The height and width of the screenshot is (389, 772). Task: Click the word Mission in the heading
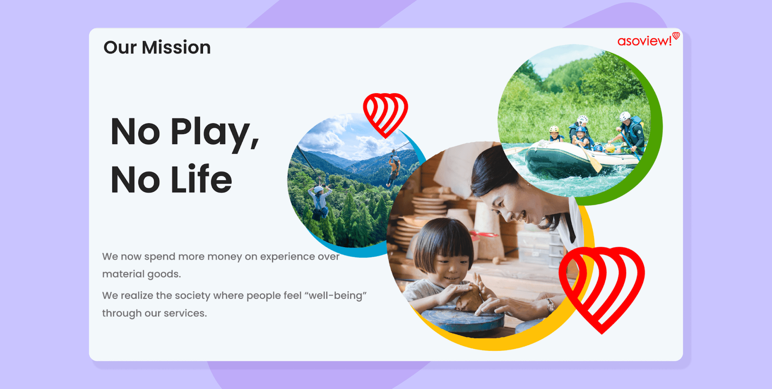pyautogui.click(x=176, y=47)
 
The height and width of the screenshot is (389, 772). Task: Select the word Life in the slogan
pyautogui.click(x=201, y=179)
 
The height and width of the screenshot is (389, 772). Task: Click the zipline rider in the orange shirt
pyautogui.click(x=394, y=169)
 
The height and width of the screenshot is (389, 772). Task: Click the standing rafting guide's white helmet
pyautogui.click(x=625, y=117)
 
